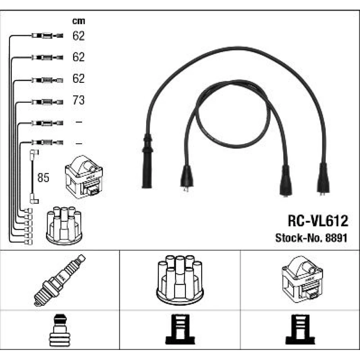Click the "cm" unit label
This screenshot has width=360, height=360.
point(78,21)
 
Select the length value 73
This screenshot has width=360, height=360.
point(78,100)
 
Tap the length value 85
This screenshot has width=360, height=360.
point(43,178)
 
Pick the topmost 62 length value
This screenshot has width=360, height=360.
point(78,36)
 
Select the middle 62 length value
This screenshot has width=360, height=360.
point(78,57)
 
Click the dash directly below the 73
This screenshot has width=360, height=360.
point(78,122)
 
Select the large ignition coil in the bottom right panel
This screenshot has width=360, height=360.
point(302,280)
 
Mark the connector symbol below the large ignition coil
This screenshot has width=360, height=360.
point(300,330)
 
